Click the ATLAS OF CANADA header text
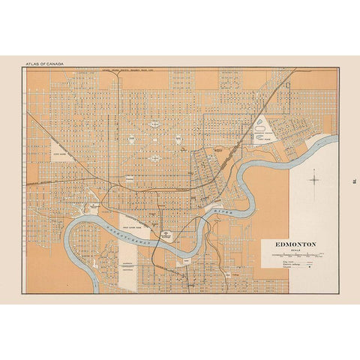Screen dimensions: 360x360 [x=43, y=64]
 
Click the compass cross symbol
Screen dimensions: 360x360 [x=315, y=179]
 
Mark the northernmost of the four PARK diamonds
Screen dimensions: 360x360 [x=155, y=122]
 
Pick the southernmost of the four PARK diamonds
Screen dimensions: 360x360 [x=155, y=158]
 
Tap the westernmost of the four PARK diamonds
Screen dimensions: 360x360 [x=131, y=139]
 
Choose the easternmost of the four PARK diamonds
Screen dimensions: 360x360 [x=179, y=139]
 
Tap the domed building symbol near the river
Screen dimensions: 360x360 [x=166, y=235]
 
